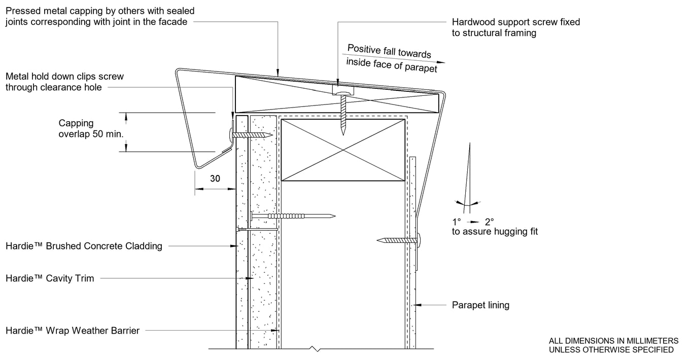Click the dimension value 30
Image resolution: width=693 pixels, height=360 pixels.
[215, 178]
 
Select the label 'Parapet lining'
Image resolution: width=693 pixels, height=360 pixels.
[480, 305]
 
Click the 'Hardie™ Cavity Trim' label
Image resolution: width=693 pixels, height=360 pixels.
[50, 278]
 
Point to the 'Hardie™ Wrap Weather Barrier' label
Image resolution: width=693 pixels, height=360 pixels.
[73, 331]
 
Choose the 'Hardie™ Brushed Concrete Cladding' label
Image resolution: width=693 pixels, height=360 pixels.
[84, 246]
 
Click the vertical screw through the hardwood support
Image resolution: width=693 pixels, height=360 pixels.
[343, 113]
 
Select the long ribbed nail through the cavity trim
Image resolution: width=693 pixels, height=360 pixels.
[292, 216]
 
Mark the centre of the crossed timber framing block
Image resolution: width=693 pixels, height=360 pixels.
[343, 150]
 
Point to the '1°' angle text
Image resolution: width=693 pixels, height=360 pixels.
[456, 222]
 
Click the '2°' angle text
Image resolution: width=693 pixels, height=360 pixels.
[489, 222]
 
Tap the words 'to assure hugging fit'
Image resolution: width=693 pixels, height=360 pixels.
[495, 232]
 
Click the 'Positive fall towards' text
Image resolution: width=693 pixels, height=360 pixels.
[389, 51]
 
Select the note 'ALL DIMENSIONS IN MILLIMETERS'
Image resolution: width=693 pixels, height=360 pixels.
[613, 341]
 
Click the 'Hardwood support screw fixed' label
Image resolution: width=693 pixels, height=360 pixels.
[515, 22]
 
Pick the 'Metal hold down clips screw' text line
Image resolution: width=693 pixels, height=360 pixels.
[64, 77]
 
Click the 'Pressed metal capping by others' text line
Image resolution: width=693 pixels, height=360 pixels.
[100, 11]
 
